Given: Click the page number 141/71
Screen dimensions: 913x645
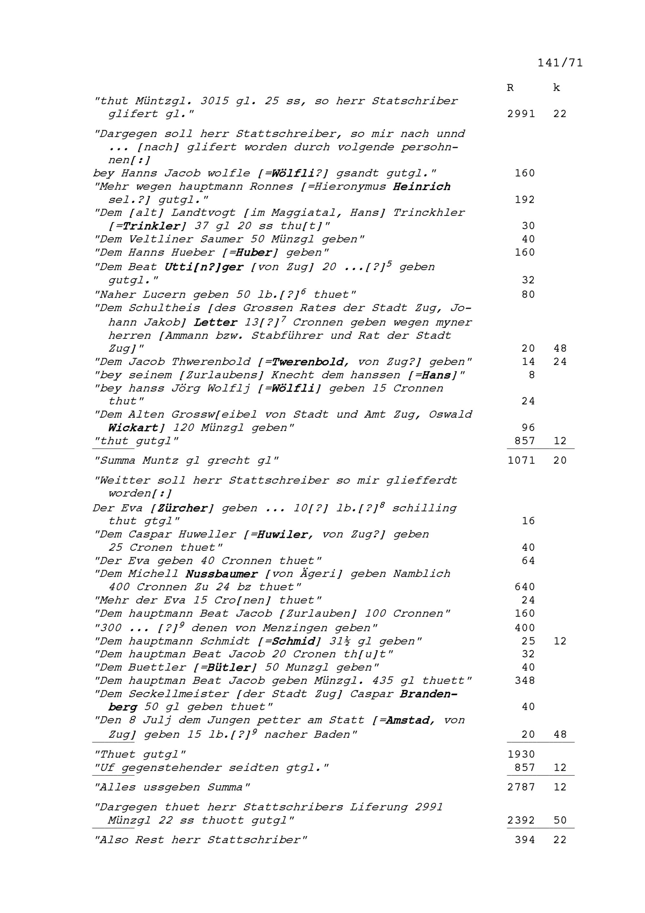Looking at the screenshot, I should tap(560, 63).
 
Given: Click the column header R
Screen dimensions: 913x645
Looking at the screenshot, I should tap(510, 88).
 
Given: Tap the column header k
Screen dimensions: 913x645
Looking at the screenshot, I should tap(556, 88).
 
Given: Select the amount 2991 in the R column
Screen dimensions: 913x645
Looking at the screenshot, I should tap(521, 114).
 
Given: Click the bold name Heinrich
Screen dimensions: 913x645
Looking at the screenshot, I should tap(421, 186).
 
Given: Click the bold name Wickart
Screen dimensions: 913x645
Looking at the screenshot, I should tap(133, 428).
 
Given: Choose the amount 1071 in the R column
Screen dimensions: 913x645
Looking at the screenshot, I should tap(521, 460).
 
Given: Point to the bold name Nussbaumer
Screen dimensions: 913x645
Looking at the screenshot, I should tap(222, 574).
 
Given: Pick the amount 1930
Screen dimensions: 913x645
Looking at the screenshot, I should tap(521, 754).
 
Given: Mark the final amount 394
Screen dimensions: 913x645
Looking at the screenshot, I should tap(525, 840).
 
